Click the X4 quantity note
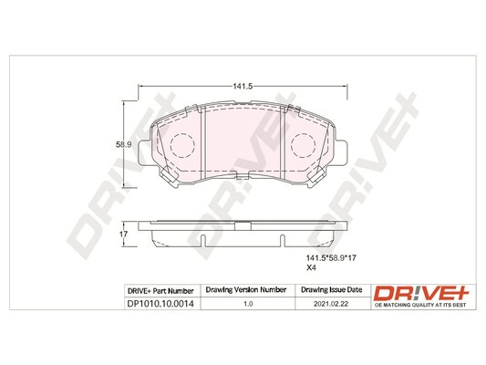pos(310,267)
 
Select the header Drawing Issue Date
pos(330,290)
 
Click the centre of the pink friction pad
pos(243,141)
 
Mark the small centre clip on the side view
pos(243,224)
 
